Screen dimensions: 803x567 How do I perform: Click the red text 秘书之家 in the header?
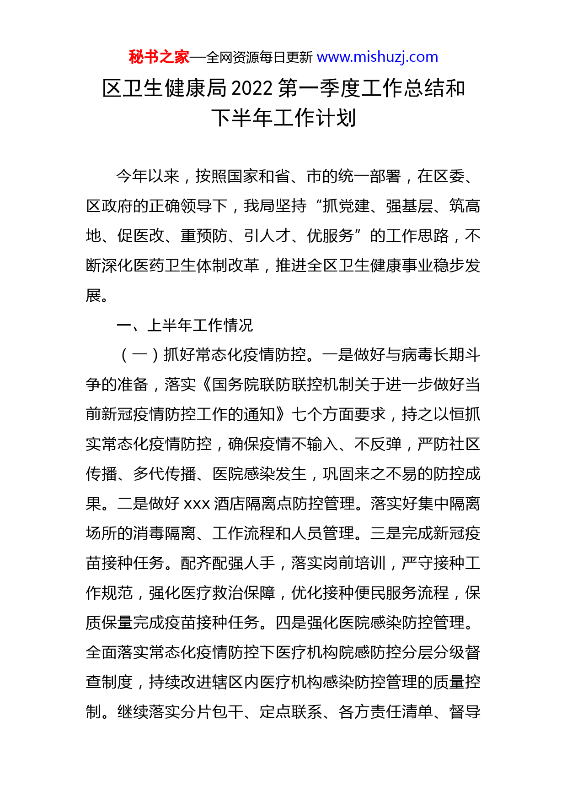click(159, 57)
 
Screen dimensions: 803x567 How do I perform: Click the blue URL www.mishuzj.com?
click(377, 57)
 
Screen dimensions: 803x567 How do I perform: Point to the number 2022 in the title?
click(252, 88)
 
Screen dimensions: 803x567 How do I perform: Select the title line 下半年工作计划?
click(283, 118)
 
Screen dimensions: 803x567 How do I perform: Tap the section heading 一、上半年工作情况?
click(185, 325)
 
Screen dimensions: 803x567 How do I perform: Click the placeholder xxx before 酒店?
click(197, 504)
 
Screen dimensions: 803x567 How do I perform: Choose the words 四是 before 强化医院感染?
click(291, 623)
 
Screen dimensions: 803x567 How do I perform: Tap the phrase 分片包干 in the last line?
click(212, 712)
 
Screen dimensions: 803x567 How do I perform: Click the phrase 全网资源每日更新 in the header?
click(259, 58)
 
